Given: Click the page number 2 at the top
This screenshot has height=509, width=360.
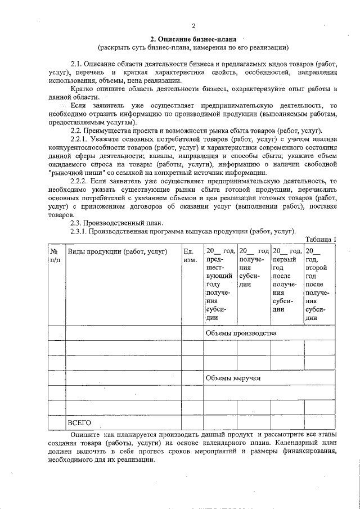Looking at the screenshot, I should click(192, 26).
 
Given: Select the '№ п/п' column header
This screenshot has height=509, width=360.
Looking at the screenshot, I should click(55, 255).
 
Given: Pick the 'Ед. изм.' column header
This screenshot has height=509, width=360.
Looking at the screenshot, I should click(190, 255).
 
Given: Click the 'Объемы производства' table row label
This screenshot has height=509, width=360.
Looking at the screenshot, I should click(241, 333).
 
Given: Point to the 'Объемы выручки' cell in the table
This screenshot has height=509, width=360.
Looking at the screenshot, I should click(233, 378).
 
